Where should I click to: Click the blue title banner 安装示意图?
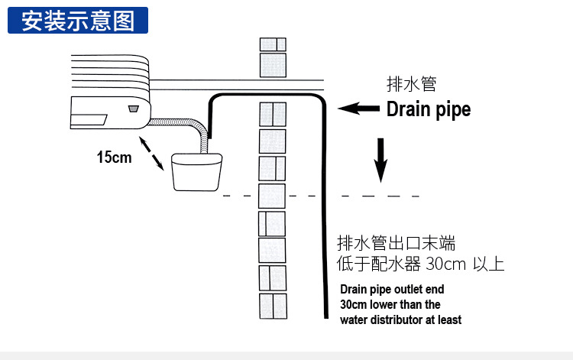tap(77, 21)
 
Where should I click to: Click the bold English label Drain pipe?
tap(428, 109)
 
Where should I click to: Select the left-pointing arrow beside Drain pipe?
tap(359, 109)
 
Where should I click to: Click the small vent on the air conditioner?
tap(134, 107)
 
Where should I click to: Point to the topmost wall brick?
tap(273, 44)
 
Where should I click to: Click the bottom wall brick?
tap(273, 306)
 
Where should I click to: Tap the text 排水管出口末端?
tap(396, 245)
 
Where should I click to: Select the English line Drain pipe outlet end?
tap(392, 290)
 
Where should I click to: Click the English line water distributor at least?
tap(400, 320)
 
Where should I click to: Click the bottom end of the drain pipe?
tap(325, 316)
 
